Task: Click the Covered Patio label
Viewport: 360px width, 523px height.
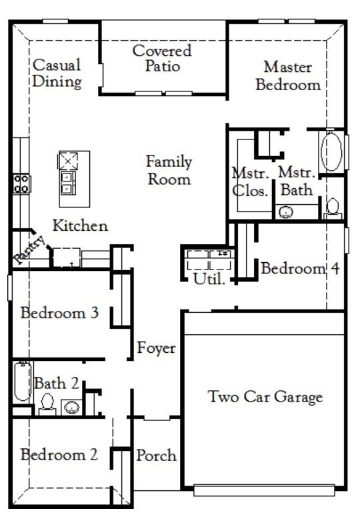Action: pos(162,59)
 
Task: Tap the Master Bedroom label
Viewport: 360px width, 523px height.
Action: pos(288,76)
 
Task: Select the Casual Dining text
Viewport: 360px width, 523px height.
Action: pos(57,73)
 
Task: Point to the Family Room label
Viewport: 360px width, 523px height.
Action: pos(169,170)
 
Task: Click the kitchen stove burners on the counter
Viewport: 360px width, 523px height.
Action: pos(21,184)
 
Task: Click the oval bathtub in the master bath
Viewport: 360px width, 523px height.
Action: pos(331,152)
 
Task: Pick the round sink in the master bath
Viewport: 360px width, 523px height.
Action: pos(285,212)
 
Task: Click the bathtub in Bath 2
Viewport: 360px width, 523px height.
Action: pos(23,382)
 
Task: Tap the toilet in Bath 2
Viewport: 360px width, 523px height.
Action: pos(47,404)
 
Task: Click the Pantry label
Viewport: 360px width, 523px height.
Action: pos(29,249)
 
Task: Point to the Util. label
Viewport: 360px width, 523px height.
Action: pos(209,279)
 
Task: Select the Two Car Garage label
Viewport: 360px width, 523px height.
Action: pos(265,397)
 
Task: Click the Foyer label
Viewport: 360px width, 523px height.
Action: pos(156,348)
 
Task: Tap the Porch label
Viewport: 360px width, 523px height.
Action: pos(156,455)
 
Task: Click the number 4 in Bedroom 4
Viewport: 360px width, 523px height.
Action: pos(335,268)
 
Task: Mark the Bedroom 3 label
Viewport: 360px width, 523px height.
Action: pos(60,313)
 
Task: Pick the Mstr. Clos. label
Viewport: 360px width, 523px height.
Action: pos(251,181)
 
